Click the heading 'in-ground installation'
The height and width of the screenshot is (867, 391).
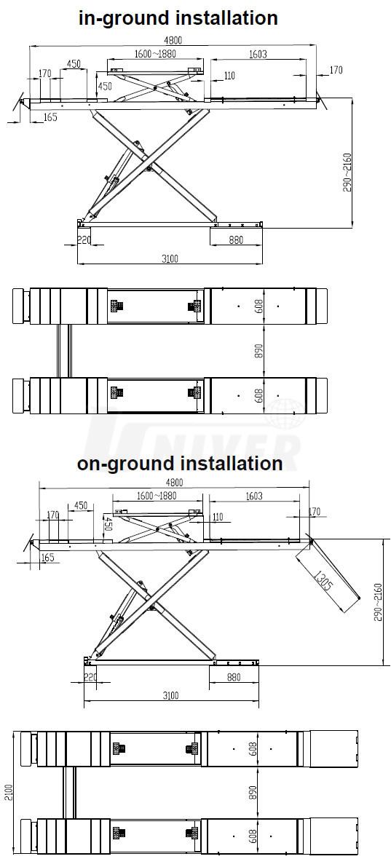(x=178, y=17)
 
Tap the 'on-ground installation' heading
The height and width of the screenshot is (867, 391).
(x=180, y=462)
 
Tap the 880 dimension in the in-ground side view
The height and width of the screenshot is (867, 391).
(x=235, y=240)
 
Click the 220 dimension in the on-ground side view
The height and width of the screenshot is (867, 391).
(x=90, y=676)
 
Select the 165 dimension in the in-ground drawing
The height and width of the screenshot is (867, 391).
(x=50, y=116)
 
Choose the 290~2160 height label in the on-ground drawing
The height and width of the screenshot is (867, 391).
(x=379, y=601)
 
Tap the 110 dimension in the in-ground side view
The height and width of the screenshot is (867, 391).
(x=229, y=76)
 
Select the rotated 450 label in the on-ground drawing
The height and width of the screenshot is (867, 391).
(x=108, y=523)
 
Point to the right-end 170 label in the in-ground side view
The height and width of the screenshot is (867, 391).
(x=336, y=70)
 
